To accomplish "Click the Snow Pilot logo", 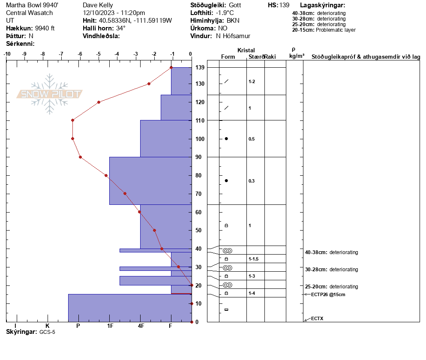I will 50,94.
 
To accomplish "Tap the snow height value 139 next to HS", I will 284,5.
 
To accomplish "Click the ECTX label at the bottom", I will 317,318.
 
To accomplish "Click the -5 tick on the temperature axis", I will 99,54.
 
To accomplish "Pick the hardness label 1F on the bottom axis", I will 110,326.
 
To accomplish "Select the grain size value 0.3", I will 252,181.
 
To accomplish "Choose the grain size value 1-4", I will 252,293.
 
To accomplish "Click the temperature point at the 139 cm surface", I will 171,67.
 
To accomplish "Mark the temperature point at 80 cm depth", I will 106,175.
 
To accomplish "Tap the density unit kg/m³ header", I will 297,56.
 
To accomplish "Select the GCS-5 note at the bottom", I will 48,332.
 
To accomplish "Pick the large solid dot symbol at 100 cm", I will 226,138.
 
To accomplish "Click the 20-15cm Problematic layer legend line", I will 324,30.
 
